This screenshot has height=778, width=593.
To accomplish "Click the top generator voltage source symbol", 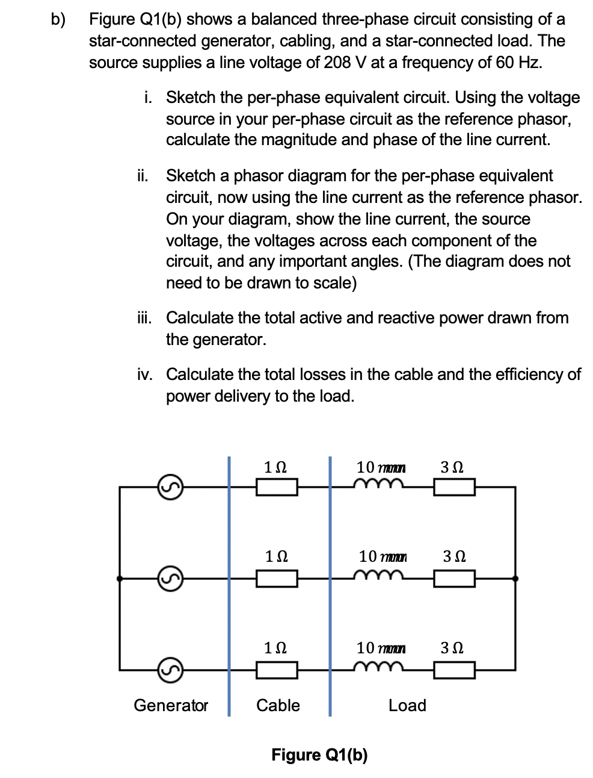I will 170,487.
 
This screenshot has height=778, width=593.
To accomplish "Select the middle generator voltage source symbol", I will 170,579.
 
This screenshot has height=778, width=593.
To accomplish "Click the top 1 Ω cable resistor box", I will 277,487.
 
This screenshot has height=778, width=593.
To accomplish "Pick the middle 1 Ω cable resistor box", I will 277,579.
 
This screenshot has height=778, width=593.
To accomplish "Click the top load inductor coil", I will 378,484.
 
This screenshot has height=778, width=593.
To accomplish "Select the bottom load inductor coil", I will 378,666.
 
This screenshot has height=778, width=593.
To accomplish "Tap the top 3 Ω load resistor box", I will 455,487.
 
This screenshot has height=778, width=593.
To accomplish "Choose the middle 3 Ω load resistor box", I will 455,579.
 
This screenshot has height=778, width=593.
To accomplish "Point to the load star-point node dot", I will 515,579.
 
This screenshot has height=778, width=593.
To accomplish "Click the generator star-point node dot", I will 120,579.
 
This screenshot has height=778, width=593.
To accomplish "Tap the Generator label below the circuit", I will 171,705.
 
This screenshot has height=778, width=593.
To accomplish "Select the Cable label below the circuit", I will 278,705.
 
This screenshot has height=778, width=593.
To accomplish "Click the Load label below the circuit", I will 407,705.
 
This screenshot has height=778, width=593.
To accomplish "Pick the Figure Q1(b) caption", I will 319,755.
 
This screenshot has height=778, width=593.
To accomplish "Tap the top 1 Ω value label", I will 275,467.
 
